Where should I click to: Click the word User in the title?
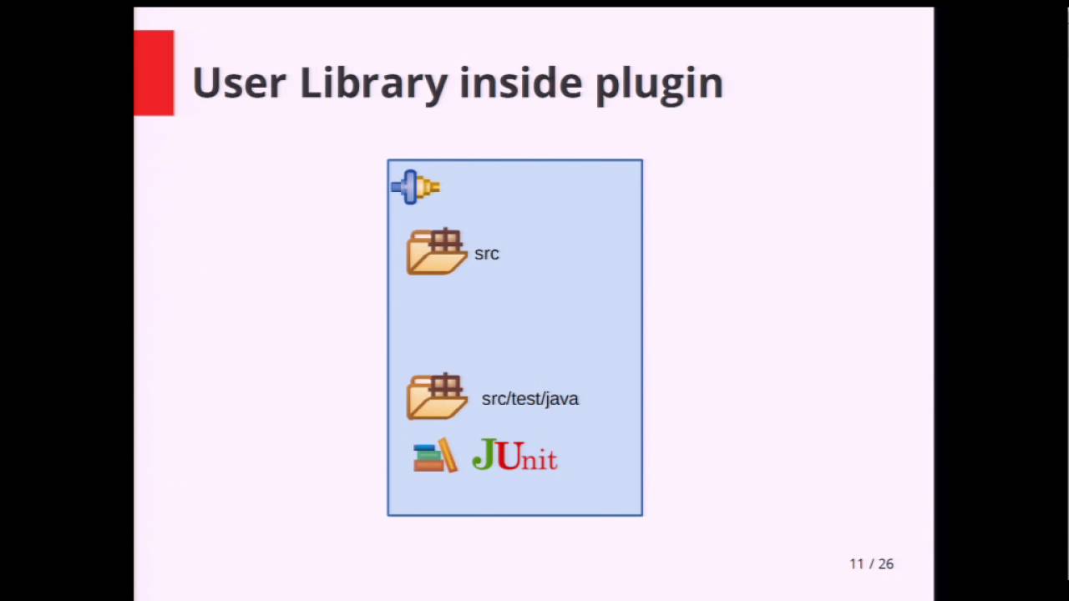[x=239, y=83]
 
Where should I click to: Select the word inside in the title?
[x=521, y=83]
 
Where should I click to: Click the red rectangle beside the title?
[x=154, y=73]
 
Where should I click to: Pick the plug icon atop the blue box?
[x=415, y=187]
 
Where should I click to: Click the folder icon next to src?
[x=436, y=252]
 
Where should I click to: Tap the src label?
[x=486, y=254]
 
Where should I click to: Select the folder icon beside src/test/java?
[x=436, y=397]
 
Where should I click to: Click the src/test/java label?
[x=529, y=399]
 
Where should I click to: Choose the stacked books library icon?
[x=435, y=457]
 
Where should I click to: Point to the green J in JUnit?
[x=484, y=454]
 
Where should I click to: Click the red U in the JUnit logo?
[x=508, y=456]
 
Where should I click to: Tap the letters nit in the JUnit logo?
[x=539, y=459]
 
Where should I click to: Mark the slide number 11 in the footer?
[x=856, y=564]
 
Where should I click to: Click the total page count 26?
[x=885, y=564]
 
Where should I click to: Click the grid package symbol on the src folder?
[x=446, y=241]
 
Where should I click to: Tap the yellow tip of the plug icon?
[x=431, y=187]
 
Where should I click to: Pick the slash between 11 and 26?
[x=871, y=564]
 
